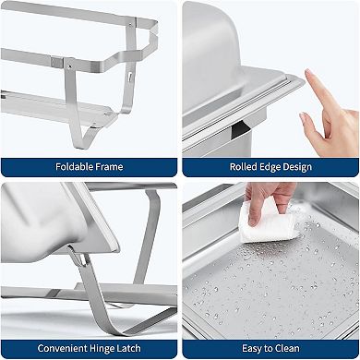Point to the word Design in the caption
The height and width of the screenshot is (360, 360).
click(297, 167)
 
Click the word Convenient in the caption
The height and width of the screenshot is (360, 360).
click(63, 348)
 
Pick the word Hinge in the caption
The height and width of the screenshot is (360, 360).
click(102, 349)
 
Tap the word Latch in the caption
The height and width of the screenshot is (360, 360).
click(128, 348)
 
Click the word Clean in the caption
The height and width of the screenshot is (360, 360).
click(286, 348)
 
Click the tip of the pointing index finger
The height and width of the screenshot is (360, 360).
click(307, 72)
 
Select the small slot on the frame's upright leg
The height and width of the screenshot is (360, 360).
click(130, 77)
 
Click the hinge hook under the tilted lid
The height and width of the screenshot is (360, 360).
click(80, 258)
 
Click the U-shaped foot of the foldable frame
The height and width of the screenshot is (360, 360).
click(81, 136)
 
